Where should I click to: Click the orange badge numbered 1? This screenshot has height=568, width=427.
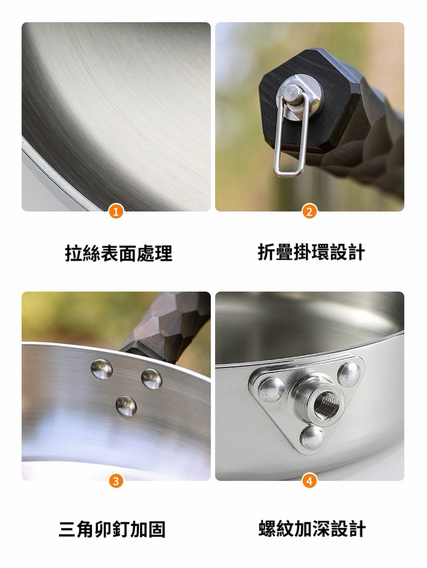tap(116, 212)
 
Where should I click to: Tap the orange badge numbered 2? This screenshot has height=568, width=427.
tap(309, 212)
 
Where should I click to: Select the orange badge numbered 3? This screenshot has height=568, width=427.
tap(116, 481)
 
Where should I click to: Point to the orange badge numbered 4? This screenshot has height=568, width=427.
tap(309, 481)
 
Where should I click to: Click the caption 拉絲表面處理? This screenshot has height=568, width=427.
tap(119, 253)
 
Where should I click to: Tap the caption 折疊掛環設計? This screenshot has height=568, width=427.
tap(311, 252)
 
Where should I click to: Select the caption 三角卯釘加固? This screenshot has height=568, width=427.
tap(112, 529)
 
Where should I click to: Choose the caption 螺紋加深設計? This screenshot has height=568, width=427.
tap(312, 529)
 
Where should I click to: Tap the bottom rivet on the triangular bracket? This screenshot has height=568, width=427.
tap(312, 437)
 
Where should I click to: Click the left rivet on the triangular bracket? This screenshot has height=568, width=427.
tap(271, 389)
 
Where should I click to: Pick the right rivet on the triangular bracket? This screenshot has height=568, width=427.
tap(349, 374)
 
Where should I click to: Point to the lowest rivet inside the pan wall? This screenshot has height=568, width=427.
tap(126, 406)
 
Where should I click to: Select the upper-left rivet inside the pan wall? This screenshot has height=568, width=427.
tap(101, 369)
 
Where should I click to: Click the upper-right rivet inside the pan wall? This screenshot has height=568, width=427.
tap(151, 379)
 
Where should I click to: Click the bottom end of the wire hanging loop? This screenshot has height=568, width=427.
tap(288, 173)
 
